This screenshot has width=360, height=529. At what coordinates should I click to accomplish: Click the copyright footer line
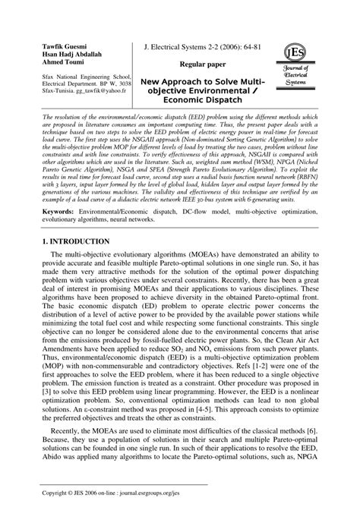[x=118, y=514]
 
